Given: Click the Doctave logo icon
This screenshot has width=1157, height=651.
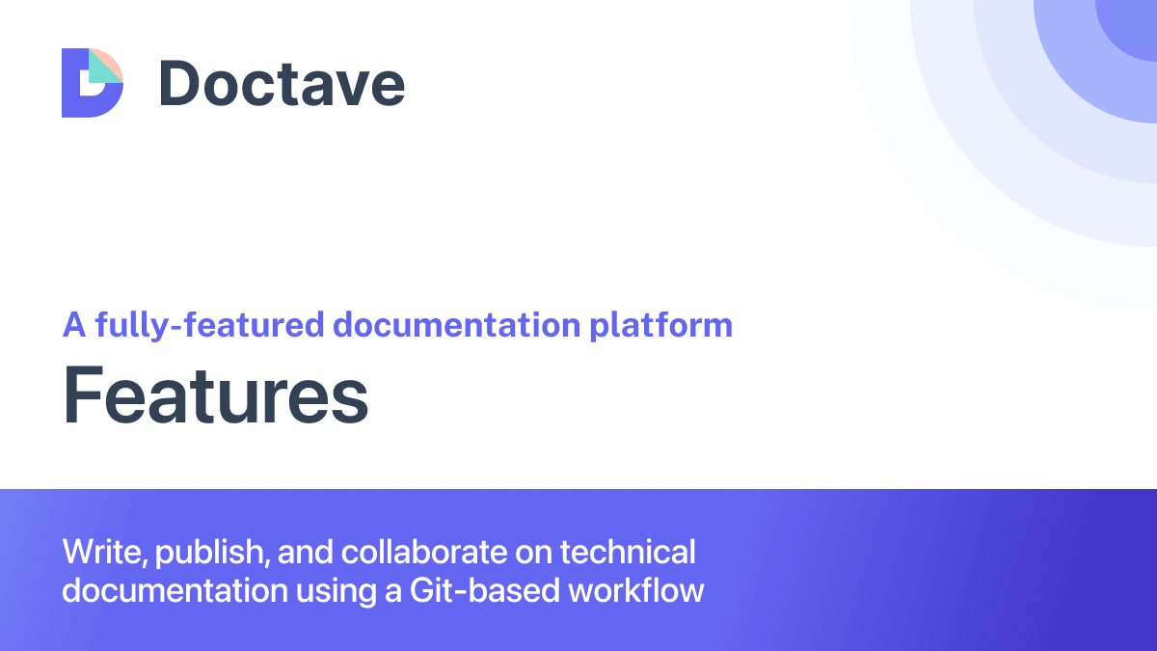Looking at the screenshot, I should [93, 82].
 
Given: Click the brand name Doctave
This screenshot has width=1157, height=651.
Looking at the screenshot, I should [282, 83].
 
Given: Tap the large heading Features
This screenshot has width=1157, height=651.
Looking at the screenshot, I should [216, 396].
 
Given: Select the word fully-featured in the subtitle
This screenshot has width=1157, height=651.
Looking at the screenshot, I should [208, 325].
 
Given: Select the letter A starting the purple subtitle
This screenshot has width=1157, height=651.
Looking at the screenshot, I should [74, 325].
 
